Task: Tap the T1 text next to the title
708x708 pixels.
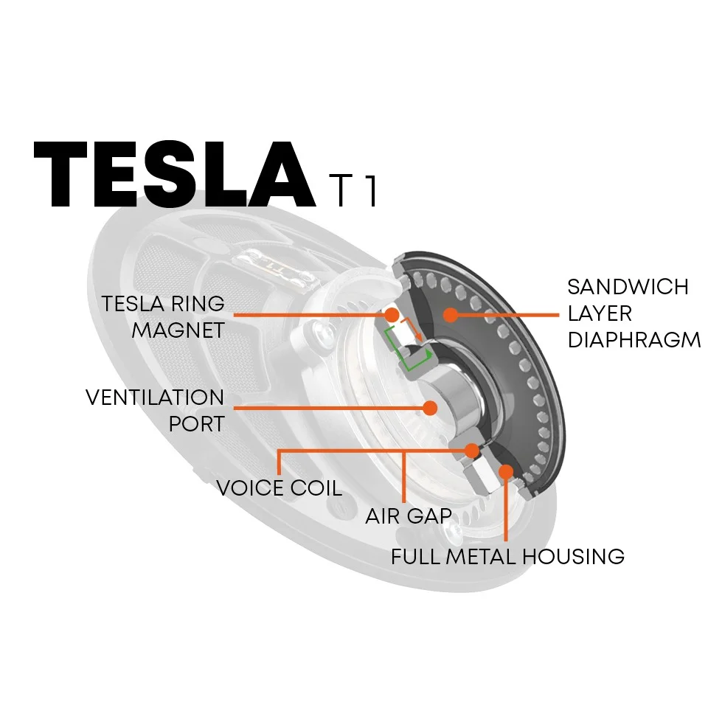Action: (x=353, y=191)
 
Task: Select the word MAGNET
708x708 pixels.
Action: (x=178, y=330)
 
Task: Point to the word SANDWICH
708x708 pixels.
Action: (x=628, y=286)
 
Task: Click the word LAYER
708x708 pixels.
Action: (x=600, y=313)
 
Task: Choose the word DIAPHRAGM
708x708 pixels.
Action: (x=634, y=340)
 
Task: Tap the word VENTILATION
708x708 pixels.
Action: (x=155, y=398)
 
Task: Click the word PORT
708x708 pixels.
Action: (x=196, y=424)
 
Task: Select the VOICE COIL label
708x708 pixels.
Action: (x=279, y=487)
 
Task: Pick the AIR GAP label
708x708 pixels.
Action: (x=408, y=515)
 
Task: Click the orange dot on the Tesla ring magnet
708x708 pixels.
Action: (x=392, y=315)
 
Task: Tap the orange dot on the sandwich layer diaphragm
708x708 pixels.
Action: (x=448, y=315)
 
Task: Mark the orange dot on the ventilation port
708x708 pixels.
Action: (x=431, y=406)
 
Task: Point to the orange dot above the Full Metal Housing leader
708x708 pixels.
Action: (x=505, y=470)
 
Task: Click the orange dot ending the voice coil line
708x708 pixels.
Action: (x=471, y=449)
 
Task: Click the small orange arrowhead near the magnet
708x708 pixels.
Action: (x=419, y=339)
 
